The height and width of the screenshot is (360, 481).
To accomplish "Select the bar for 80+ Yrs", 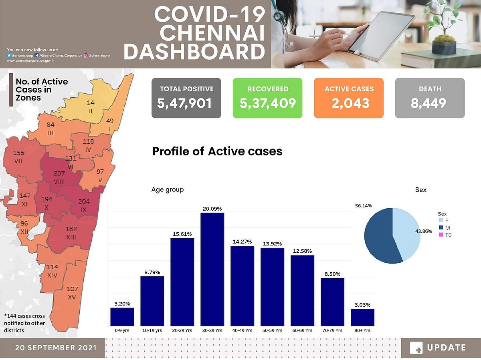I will point(362,317).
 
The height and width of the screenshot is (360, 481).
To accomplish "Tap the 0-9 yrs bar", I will point(122,317).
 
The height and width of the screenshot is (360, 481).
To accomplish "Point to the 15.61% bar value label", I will point(182,233).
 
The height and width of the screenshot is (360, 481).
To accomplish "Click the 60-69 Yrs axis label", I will point(302,330).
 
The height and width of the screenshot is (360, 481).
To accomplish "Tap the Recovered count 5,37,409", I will point(267,103).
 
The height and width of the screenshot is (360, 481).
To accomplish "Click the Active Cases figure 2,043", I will point(349,103).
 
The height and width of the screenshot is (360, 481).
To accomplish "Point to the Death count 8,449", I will point(430,103).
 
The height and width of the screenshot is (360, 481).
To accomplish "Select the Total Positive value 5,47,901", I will point(186,103).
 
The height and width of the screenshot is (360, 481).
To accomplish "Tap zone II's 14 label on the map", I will point(91,103).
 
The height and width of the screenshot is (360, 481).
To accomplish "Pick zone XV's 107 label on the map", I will point(73,289).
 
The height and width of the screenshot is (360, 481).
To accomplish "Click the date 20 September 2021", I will point(56,348).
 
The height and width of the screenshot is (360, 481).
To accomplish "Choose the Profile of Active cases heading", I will point(217,151).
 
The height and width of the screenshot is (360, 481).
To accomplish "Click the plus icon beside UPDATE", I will point(416,348).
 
